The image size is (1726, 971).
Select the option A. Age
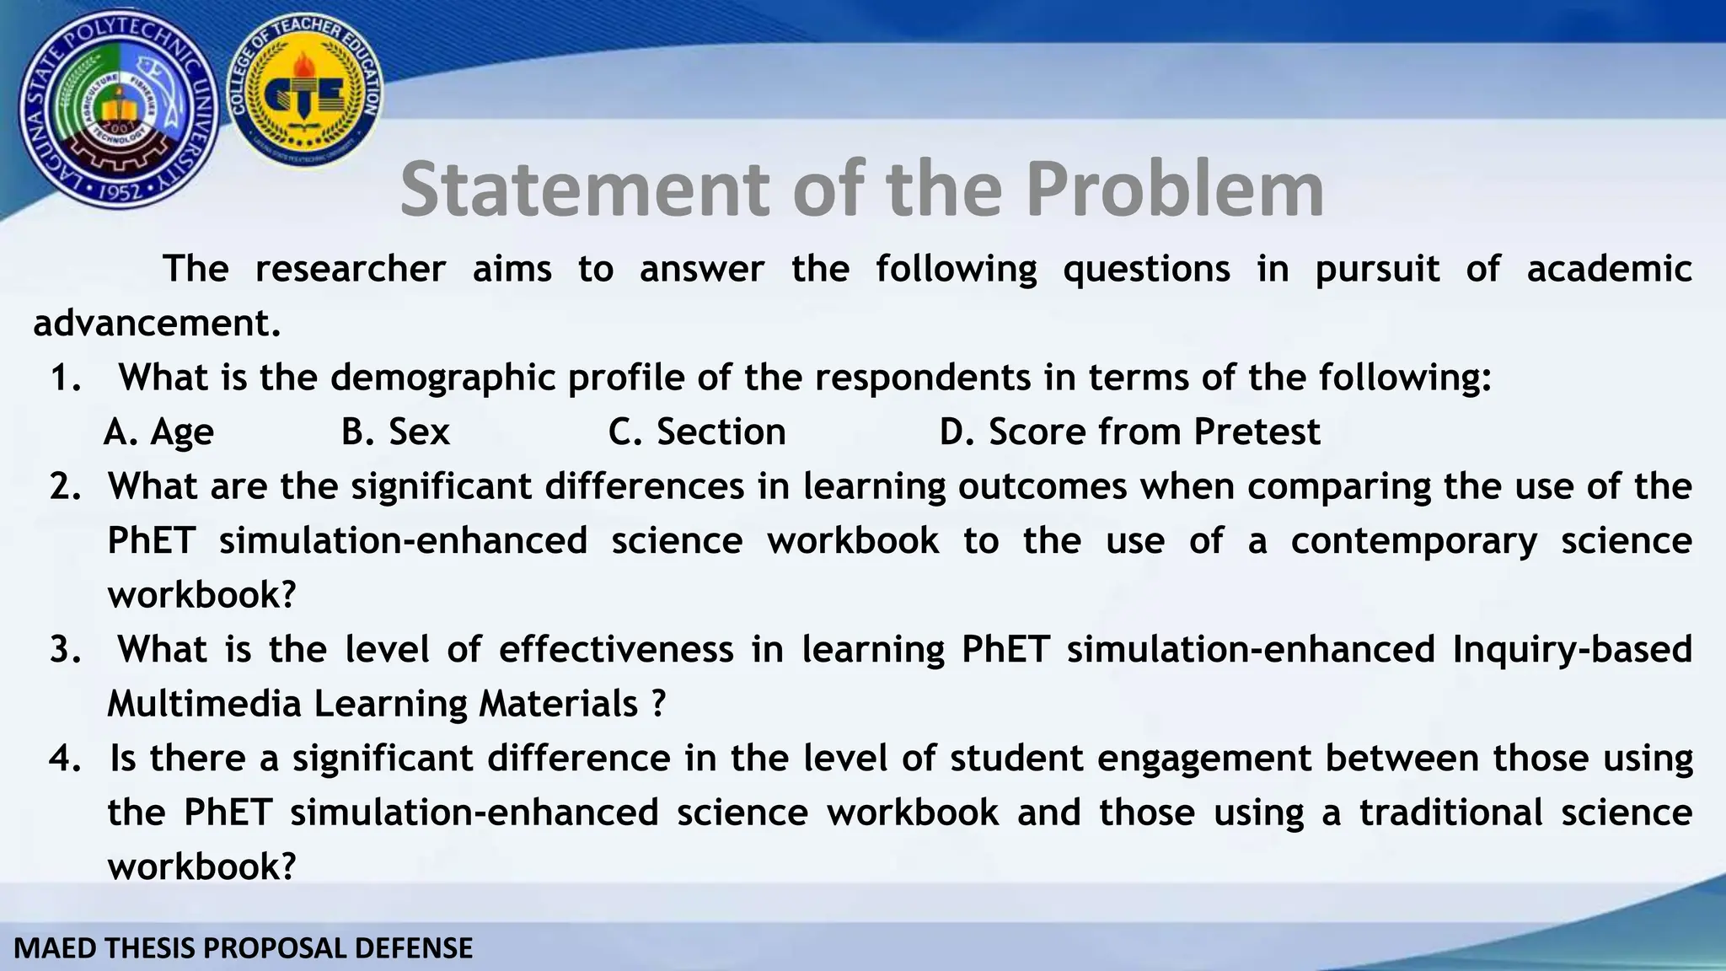point(159,432)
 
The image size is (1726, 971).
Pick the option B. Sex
point(395,432)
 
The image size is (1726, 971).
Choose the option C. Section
point(697,432)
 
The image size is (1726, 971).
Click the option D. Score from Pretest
point(1129,432)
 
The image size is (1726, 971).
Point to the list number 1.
point(64,378)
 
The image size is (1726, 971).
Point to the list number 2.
point(64,487)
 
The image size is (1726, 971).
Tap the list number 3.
point(64,650)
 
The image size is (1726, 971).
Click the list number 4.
point(64,759)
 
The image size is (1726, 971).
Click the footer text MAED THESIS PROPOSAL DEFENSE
point(244,948)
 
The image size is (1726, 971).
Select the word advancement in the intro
point(157,324)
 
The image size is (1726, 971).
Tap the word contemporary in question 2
point(1413,541)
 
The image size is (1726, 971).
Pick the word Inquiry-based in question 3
point(1572,650)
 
